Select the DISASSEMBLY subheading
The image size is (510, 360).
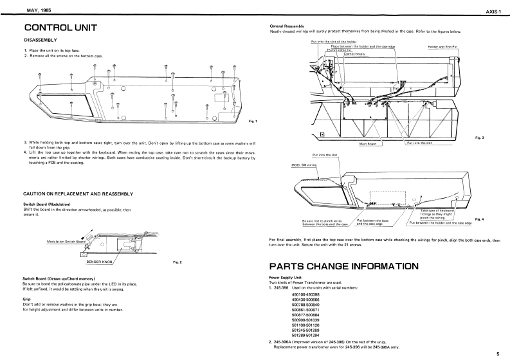(x=41, y=40)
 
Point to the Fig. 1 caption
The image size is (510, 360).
(x=252, y=122)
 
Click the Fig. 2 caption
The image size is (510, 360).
(x=178, y=262)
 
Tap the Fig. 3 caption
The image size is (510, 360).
(x=479, y=138)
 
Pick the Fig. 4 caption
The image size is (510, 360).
(x=479, y=219)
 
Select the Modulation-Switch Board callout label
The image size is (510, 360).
(x=66, y=242)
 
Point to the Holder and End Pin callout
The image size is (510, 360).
(x=442, y=47)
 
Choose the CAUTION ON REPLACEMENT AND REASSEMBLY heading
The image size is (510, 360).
(x=78, y=194)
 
